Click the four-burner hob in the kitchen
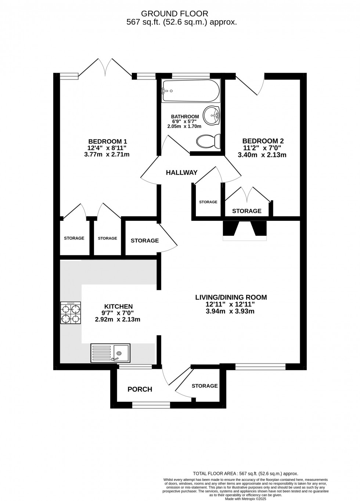(x=71, y=313)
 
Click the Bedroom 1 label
(x=108, y=141)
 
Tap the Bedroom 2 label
(x=263, y=141)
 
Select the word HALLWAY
(x=182, y=172)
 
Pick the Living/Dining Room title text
(x=231, y=298)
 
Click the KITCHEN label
(x=119, y=306)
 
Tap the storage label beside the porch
(x=205, y=386)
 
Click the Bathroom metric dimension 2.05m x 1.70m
(x=184, y=126)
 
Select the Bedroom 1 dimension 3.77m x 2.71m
(x=107, y=154)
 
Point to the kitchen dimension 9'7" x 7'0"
(x=118, y=313)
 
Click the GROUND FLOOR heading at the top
(x=174, y=14)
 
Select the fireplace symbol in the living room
(x=245, y=230)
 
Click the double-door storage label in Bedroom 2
(x=246, y=211)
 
